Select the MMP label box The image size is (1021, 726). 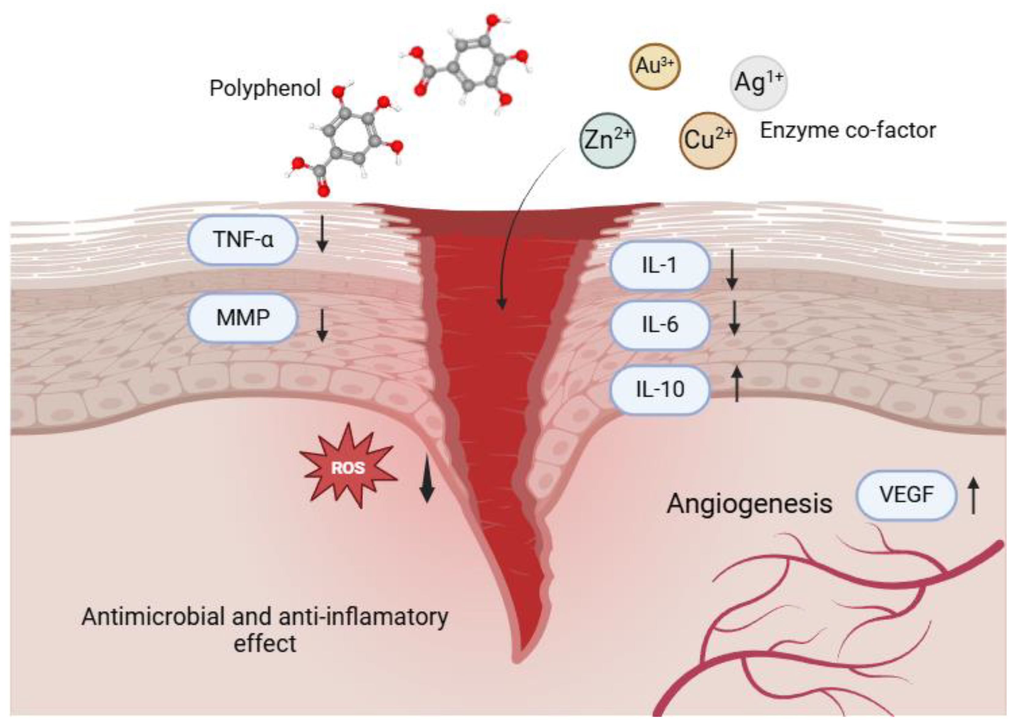[243, 318]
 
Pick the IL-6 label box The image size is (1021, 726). [659, 325]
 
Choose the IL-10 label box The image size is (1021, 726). [659, 389]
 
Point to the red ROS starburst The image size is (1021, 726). [348, 467]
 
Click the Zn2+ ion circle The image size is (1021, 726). [607, 140]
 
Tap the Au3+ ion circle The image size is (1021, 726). [655, 66]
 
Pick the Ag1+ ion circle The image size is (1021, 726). [758, 83]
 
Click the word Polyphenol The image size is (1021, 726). [265, 88]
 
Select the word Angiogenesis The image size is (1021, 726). [749, 504]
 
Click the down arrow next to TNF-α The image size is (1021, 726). [322, 238]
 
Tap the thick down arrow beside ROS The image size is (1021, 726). [427, 479]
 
